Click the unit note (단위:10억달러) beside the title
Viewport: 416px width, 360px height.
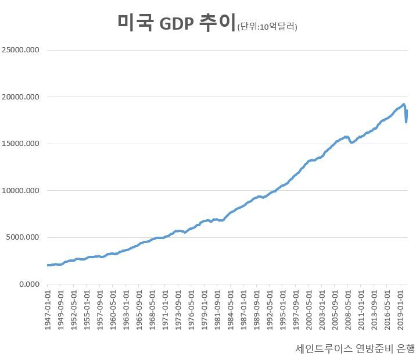(267, 26)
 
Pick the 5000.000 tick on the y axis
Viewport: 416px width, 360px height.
(22, 237)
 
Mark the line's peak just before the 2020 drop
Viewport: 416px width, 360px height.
(403, 105)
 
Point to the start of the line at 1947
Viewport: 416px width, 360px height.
(48, 265)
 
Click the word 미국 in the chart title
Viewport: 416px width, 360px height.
(134, 23)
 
